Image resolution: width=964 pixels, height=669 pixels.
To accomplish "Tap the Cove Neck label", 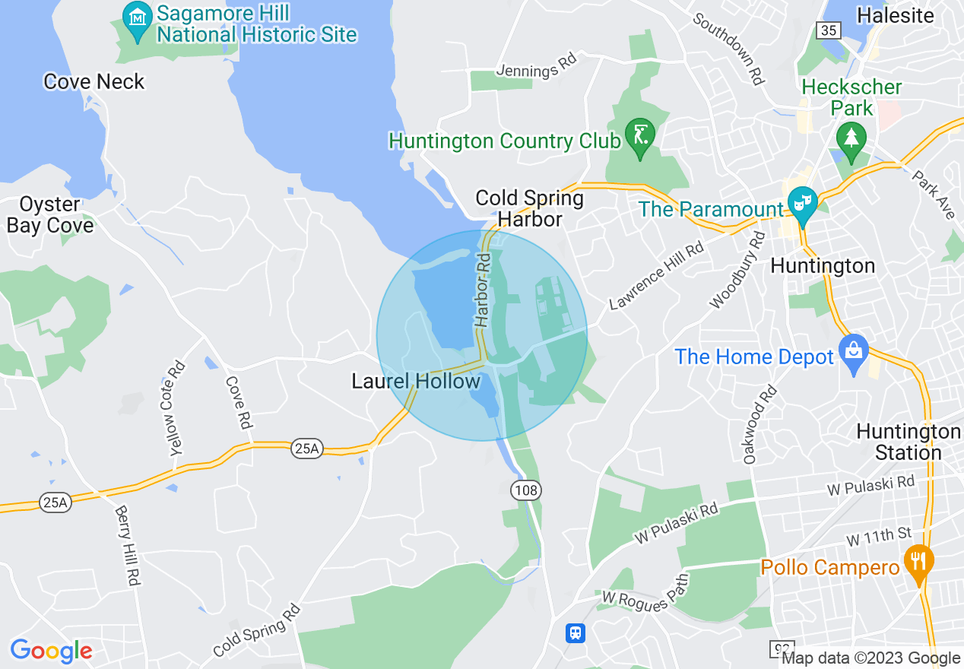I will [94, 81].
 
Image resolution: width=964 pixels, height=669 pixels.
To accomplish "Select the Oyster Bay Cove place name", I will [50, 215].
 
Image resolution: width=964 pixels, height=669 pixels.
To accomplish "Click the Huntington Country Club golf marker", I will [639, 136].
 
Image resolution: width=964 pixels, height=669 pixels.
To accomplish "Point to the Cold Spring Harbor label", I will [529, 209].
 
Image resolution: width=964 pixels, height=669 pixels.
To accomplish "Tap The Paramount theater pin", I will [801, 203].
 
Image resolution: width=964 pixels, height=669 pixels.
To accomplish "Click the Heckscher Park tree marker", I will [851, 139].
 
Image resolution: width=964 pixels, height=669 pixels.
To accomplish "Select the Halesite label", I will [896, 15].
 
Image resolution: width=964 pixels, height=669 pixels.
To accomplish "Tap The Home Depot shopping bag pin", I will [853, 351].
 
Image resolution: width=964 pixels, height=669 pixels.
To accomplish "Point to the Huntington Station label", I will [909, 442].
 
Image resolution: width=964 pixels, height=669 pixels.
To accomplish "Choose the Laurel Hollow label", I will [416, 381].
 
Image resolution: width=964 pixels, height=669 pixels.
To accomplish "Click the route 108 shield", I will [526, 490].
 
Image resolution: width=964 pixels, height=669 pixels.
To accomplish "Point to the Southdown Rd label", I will [728, 48].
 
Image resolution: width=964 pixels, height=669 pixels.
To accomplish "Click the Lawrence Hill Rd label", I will [657, 277].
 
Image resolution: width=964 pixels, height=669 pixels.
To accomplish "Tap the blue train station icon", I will [576, 633].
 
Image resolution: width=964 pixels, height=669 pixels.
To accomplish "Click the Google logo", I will [51, 651].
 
